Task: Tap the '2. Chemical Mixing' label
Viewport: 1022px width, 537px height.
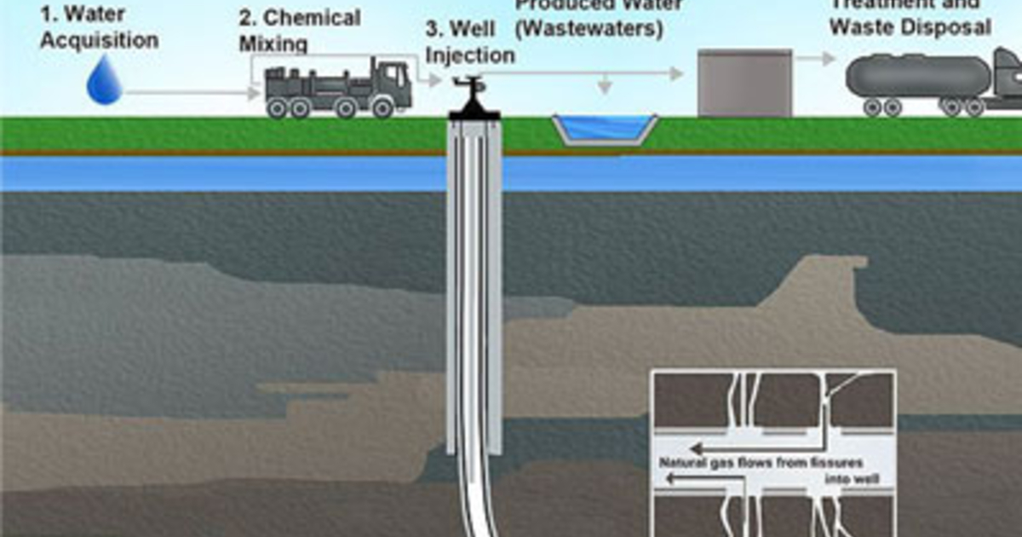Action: pyautogui.click(x=299, y=29)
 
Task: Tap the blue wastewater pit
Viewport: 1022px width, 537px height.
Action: pyautogui.click(x=604, y=129)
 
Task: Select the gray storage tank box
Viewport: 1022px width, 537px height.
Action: pyautogui.click(x=744, y=82)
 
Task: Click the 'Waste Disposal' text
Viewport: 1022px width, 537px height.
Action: pyautogui.click(x=910, y=27)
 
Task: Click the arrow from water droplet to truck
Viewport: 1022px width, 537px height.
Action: pyautogui.click(x=192, y=91)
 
